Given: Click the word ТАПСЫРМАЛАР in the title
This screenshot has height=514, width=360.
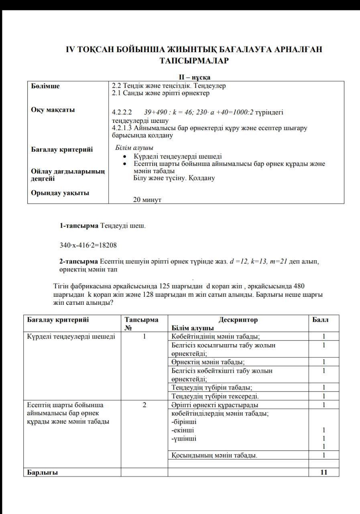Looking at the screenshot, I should [x=194, y=61].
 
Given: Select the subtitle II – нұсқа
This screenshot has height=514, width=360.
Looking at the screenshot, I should [x=195, y=77].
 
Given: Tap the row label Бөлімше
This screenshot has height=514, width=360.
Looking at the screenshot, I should [x=45, y=86].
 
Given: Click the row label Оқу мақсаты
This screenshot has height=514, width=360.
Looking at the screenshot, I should [x=53, y=110].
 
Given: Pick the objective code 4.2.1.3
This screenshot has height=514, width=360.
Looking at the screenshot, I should [x=122, y=128].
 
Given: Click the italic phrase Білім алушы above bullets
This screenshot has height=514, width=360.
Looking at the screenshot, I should [x=134, y=148].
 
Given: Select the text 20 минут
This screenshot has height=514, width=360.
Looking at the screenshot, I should [x=147, y=200].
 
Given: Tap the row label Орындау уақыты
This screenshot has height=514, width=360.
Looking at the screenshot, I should [x=60, y=193].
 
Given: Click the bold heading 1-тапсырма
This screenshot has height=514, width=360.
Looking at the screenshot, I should [x=79, y=225].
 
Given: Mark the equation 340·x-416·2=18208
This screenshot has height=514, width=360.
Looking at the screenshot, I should [x=88, y=245].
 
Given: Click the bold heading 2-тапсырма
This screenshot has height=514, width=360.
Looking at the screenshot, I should [x=79, y=261].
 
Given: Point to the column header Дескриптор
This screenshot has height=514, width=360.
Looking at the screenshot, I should [x=238, y=320].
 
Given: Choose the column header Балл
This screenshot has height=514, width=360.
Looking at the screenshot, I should [x=320, y=320].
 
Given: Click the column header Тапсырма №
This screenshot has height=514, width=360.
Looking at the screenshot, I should [x=141, y=323].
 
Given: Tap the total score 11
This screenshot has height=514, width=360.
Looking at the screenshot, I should [x=324, y=472].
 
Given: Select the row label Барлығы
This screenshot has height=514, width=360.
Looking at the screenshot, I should [x=43, y=472].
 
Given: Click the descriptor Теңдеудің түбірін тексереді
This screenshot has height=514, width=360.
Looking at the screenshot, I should [x=215, y=396].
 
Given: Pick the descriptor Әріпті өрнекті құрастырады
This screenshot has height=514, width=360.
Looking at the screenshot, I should [x=215, y=405].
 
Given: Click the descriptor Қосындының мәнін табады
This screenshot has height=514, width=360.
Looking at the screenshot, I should [x=214, y=455].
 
